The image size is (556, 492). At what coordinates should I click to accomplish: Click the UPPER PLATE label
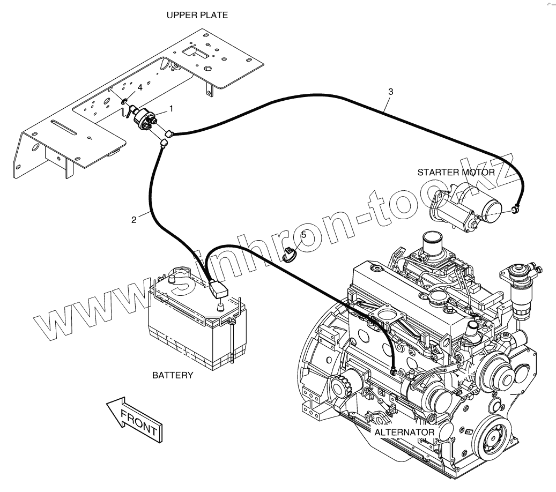197,16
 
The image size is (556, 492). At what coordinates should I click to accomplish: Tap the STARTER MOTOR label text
456,173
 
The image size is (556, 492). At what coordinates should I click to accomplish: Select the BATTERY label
172,375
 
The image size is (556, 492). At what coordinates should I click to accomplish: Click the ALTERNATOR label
404,432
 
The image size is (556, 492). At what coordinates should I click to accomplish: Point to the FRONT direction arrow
134,420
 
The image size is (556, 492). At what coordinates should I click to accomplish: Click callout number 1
171,108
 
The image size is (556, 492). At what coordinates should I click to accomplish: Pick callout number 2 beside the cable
134,219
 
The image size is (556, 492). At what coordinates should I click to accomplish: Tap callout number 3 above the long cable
390,92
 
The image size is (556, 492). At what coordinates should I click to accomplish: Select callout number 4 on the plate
140,87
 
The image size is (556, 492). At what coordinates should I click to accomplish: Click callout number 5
303,234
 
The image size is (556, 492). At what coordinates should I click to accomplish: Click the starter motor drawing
466,209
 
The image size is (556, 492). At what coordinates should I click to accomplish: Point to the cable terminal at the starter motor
515,209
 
